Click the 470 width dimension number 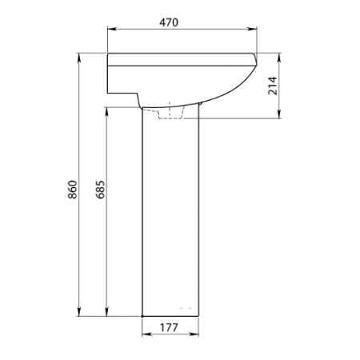(169, 22)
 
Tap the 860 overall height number (73, 190)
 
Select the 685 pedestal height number (101, 190)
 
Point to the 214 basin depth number (273, 86)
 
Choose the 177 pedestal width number (169, 327)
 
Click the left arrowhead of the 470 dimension (112, 29)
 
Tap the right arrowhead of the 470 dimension (252, 29)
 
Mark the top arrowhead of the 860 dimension (79, 58)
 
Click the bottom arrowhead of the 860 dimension (79, 311)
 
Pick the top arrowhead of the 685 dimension (106, 112)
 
